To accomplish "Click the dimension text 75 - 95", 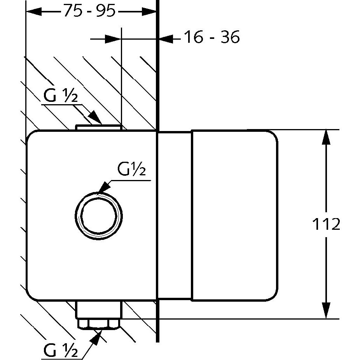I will [x=89, y=12].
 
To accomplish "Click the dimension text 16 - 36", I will [x=211, y=38].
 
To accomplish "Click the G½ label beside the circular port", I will [x=131, y=170].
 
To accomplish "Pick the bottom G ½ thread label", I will [x=61, y=352].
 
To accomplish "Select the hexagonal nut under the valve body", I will [x=99, y=324].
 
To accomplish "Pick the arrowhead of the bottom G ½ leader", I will [x=98, y=335].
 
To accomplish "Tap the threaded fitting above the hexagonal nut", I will [x=99, y=310].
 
